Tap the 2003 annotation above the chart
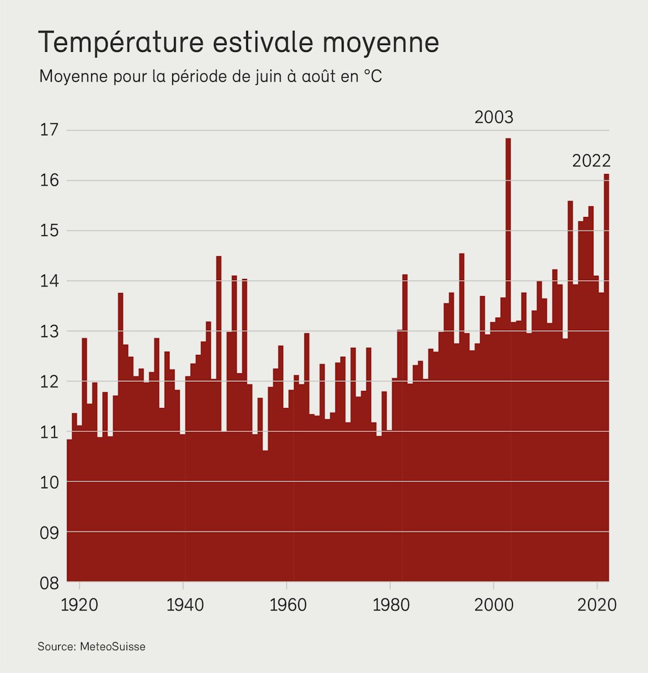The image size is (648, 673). (x=494, y=118)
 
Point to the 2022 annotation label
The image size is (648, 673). (x=591, y=161)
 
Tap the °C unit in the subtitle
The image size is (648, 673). (x=373, y=77)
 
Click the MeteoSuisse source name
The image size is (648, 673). (x=113, y=646)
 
